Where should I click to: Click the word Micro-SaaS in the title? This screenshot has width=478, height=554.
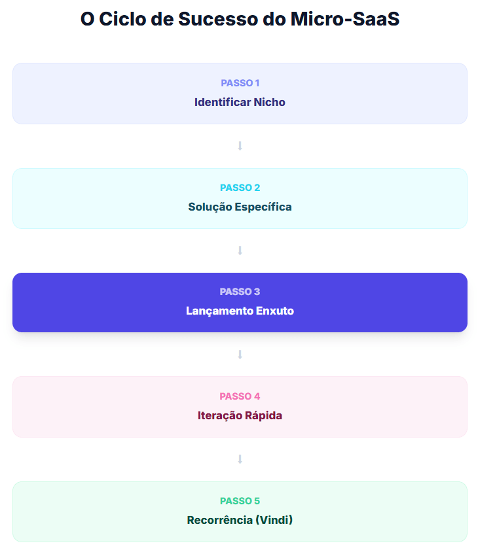coord(345,19)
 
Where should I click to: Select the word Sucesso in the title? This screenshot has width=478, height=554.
coord(219,19)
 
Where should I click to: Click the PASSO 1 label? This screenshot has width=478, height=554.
coord(240,83)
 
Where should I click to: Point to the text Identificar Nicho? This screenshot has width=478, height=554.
coord(240,102)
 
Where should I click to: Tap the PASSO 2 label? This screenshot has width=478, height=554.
coord(240,188)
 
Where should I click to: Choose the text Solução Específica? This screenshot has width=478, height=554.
coord(240,207)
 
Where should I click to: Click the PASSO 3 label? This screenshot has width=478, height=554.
coord(240,292)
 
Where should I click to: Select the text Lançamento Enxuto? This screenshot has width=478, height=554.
coord(240,311)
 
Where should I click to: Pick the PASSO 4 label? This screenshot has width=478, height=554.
coord(240,396)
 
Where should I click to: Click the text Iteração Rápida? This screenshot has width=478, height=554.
coord(240,415)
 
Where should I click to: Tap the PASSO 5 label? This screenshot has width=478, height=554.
coord(240,501)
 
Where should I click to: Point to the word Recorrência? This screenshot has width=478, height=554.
coord(220,520)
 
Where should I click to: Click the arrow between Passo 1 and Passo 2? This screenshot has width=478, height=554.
coord(240,146)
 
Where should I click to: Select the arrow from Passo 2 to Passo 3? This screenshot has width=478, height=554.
coord(240,251)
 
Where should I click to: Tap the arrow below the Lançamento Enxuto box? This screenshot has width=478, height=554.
coord(240,355)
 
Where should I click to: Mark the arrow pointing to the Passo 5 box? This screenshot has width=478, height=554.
coord(240,459)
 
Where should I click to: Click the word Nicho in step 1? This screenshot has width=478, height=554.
coord(270,102)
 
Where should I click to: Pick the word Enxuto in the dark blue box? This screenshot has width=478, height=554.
coord(275,311)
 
